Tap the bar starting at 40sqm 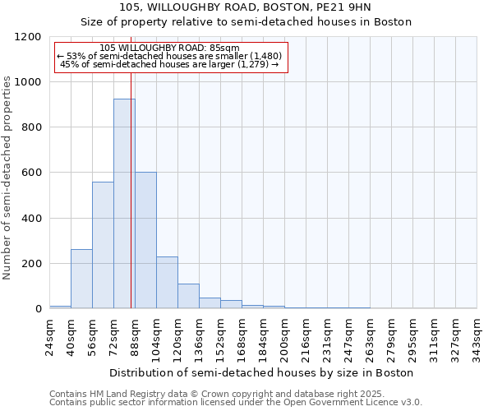[81, 279]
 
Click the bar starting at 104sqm [167, 283]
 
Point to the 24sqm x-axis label [50, 337]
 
